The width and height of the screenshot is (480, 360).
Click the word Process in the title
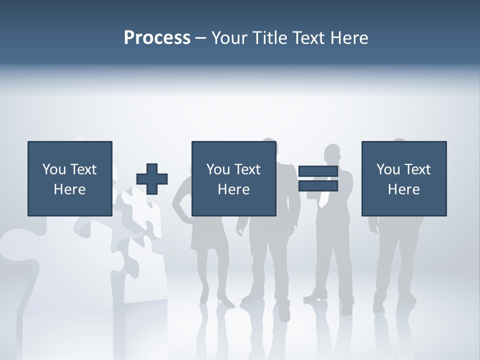[x=157, y=38]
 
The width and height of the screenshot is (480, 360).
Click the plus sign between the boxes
[x=152, y=179]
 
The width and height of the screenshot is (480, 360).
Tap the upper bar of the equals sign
[x=318, y=171]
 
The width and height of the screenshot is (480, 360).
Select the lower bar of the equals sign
[x=318, y=186]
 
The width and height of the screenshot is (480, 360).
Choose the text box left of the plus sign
[x=70, y=178]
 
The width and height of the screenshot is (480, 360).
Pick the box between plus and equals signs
[x=234, y=178]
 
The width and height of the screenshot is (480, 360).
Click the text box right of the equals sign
[x=404, y=178]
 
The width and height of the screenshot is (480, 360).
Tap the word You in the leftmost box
[x=54, y=169]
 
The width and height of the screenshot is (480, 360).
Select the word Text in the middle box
[x=248, y=169]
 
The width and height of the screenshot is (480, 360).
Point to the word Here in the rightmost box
[x=404, y=189]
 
